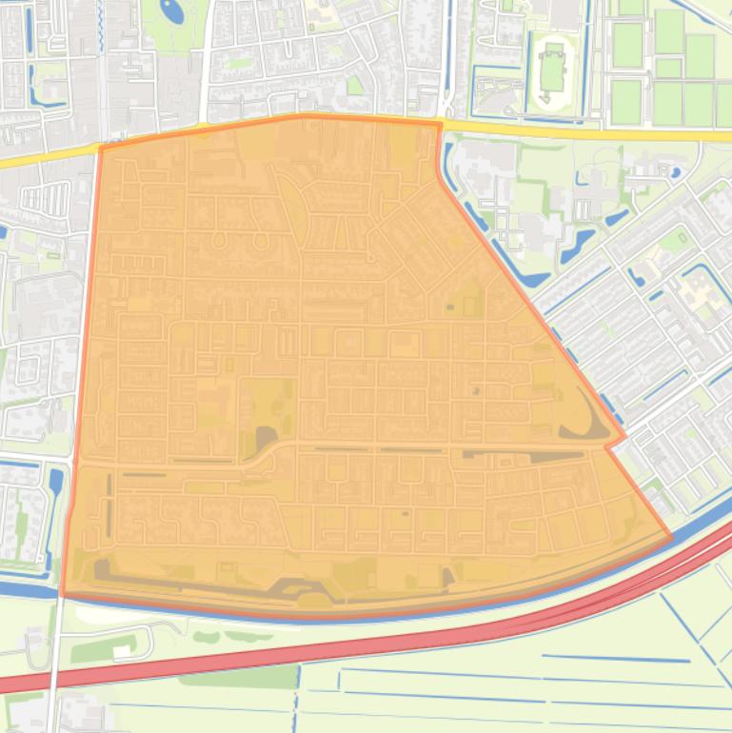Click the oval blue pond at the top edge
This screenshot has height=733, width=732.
click(x=172, y=11)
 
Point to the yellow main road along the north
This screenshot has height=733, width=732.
click(x=571, y=130)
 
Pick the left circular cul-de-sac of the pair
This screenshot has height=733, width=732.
click(x=219, y=240)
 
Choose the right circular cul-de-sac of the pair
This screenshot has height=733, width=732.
click(x=261, y=240)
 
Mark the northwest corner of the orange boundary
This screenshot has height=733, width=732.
click(x=100, y=148)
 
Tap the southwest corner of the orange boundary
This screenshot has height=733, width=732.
click(x=63, y=595)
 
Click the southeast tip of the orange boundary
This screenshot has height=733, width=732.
click(x=671, y=537)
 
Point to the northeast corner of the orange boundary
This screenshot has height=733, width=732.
click(x=440, y=123)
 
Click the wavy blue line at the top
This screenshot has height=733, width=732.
click(x=704, y=11)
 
